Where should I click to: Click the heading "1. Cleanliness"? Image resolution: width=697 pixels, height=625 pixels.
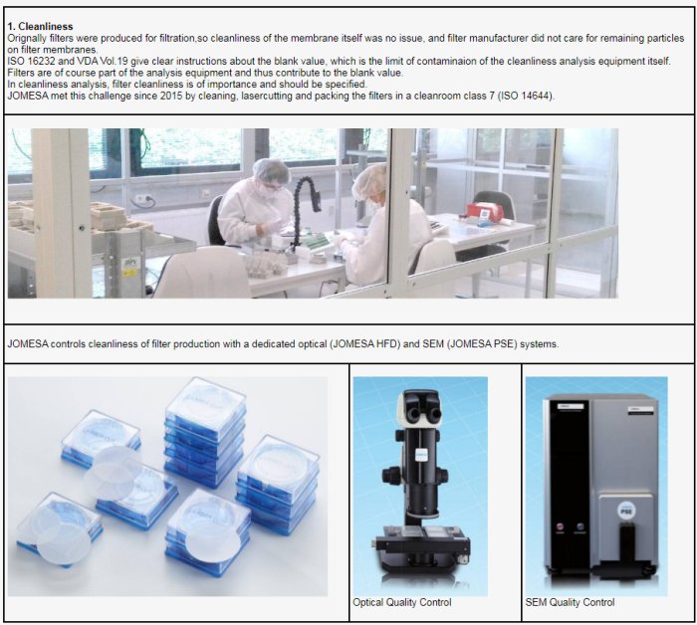tap(40, 27)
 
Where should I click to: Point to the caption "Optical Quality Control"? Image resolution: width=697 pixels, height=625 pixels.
tap(402, 602)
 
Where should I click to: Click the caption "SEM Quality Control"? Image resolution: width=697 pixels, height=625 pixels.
tap(570, 602)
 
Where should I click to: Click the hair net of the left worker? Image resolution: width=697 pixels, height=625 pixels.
tap(270, 168)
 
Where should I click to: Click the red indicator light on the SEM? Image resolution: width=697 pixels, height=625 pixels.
tap(560, 526)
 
